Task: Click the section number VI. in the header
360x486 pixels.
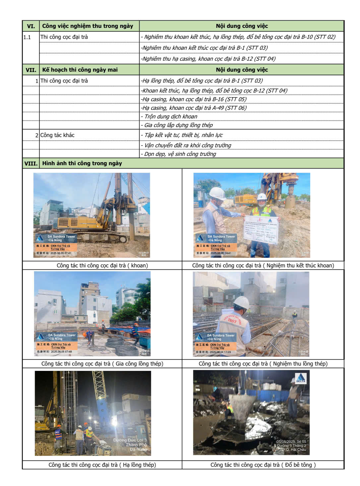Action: point(31,26)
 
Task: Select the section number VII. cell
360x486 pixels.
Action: point(31,70)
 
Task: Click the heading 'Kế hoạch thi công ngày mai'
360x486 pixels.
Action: point(80,70)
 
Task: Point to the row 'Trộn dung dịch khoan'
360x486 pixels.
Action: point(170,116)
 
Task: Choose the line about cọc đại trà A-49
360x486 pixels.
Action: point(194,108)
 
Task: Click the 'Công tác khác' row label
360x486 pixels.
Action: point(57,135)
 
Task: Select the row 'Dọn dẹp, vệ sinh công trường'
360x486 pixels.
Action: point(180,154)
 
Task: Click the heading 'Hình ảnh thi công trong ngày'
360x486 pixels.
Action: point(82,163)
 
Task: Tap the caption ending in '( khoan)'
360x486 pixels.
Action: point(102,265)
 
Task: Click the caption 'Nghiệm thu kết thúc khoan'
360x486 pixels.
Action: point(263,265)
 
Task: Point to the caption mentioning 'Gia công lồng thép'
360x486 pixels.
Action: point(102,364)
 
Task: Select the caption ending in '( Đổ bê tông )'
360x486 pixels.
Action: point(263,465)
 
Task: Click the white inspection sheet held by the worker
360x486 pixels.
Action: point(261,229)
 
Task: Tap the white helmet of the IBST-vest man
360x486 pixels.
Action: point(241,302)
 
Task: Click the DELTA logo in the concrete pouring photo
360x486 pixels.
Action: point(301,379)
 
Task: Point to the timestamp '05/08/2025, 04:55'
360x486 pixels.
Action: point(291,442)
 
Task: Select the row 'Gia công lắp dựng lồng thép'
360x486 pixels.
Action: point(178,125)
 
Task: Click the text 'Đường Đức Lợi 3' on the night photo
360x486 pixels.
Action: point(130,440)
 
